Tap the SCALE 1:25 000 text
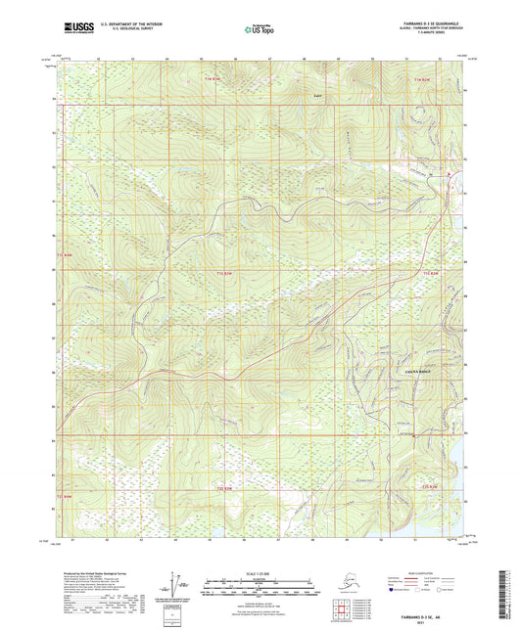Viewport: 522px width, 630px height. pos(260,574)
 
